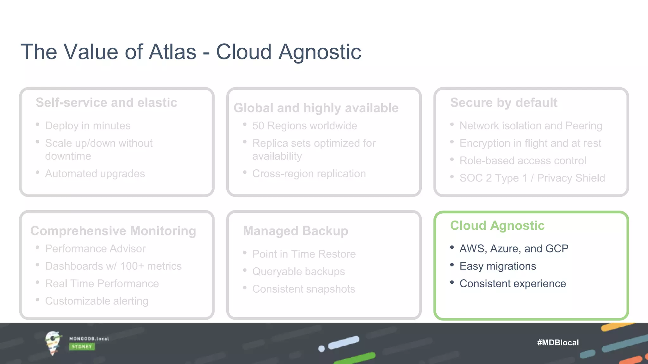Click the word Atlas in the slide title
click(172, 52)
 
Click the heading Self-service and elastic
click(106, 103)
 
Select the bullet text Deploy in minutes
click(88, 126)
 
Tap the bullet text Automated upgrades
click(95, 173)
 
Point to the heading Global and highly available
click(316, 108)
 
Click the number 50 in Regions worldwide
click(258, 126)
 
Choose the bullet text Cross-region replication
click(309, 173)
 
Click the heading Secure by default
click(504, 103)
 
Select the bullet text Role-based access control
click(523, 161)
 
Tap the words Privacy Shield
click(571, 178)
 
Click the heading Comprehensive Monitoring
click(113, 231)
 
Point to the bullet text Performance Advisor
click(95, 249)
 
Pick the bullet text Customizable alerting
click(97, 301)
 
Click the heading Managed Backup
click(296, 231)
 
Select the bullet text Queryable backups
click(298, 271)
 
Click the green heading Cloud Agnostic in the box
click(497, 226)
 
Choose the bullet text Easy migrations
click(498, 266)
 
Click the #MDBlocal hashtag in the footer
click(558, 343)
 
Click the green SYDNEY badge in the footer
click(82, 347)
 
